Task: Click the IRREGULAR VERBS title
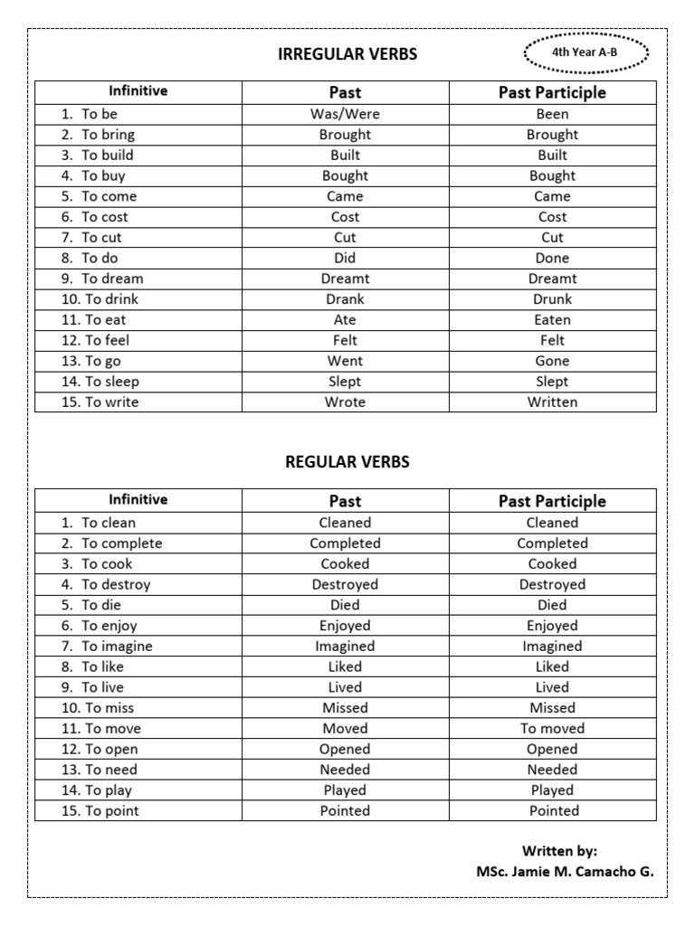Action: point(347,54)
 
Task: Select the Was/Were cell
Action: point(345,114)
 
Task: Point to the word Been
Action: point(552,114)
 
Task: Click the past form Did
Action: point(345,258)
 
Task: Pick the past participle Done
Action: point(552,258)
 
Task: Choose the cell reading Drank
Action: point(345,299)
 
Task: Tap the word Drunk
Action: point(552,299)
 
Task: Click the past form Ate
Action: point(345,320)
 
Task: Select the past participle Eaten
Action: point(552,320)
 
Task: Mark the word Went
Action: point(345,361)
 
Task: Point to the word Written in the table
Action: point(552,402)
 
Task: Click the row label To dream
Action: point(112,279)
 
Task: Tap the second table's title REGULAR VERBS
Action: point(347,462)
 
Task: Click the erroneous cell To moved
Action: point(552,729)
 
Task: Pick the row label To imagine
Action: point(117,647)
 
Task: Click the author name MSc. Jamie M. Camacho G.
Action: point(565,873)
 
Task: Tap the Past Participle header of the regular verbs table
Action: point(552,501)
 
